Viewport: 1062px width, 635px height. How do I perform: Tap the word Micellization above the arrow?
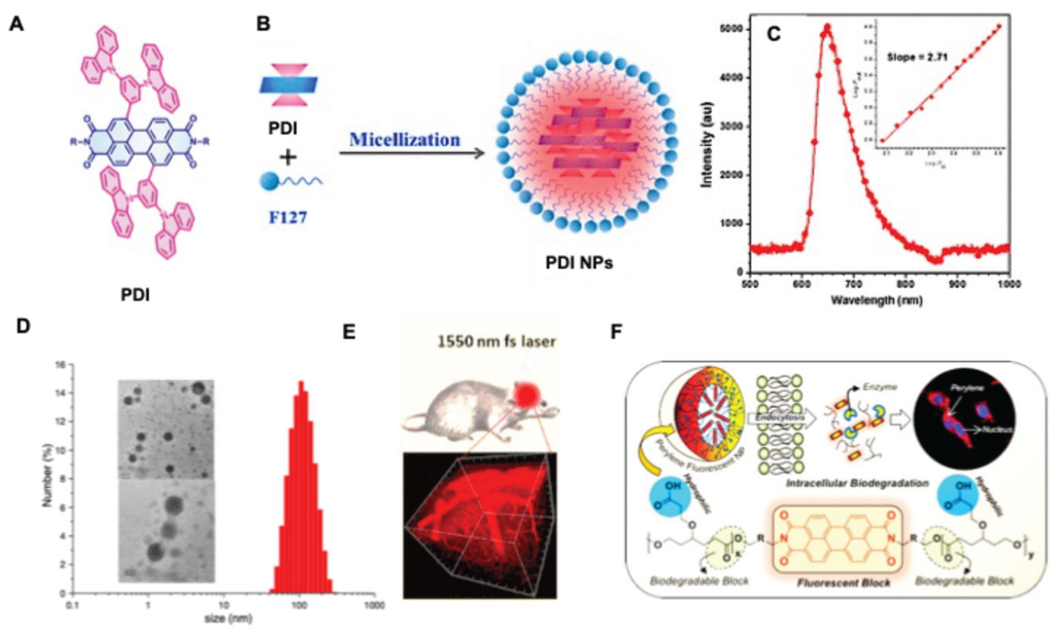point(404,140)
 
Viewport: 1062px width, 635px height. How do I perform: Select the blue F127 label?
point(288,217)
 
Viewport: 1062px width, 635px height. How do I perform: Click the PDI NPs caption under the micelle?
point(579,262)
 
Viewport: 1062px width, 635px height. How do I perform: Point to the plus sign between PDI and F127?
point(288,158)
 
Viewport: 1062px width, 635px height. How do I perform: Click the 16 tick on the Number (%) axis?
point(59,364)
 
